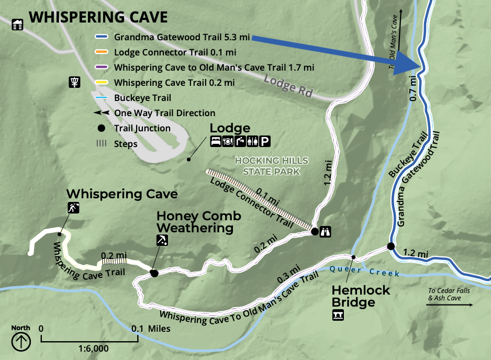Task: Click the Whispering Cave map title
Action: [x=98, y=17]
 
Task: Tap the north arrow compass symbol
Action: [x=21, y=342]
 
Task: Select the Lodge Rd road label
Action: [x=288, y=85]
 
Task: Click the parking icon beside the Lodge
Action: [x=266, y=141]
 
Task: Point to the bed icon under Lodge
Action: [x=215, y=141]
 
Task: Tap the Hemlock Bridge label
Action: [x=361, y=296]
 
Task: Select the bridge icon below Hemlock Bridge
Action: [x=338, y=315]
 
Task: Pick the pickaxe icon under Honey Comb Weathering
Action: [x=162, y=240]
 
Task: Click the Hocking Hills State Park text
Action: [x=272, y=166]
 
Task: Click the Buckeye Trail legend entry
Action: [x=142, y=98]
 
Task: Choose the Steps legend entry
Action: [x=126, y=144]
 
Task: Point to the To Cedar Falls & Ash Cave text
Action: [x=448, y=295]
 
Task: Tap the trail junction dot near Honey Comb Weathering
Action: [x=154, y=273]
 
